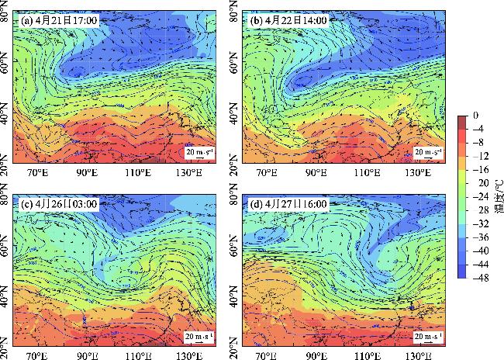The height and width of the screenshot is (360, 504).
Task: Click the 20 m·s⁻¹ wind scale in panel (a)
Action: (x=197, y=151)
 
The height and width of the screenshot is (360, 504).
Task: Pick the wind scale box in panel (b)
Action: (x=428, y=151)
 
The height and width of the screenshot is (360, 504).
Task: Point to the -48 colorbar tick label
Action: (x=483, y=276)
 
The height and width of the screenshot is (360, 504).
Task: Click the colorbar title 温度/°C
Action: (x=497, y=196)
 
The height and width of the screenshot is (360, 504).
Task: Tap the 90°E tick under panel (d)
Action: (x=317, y=355)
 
